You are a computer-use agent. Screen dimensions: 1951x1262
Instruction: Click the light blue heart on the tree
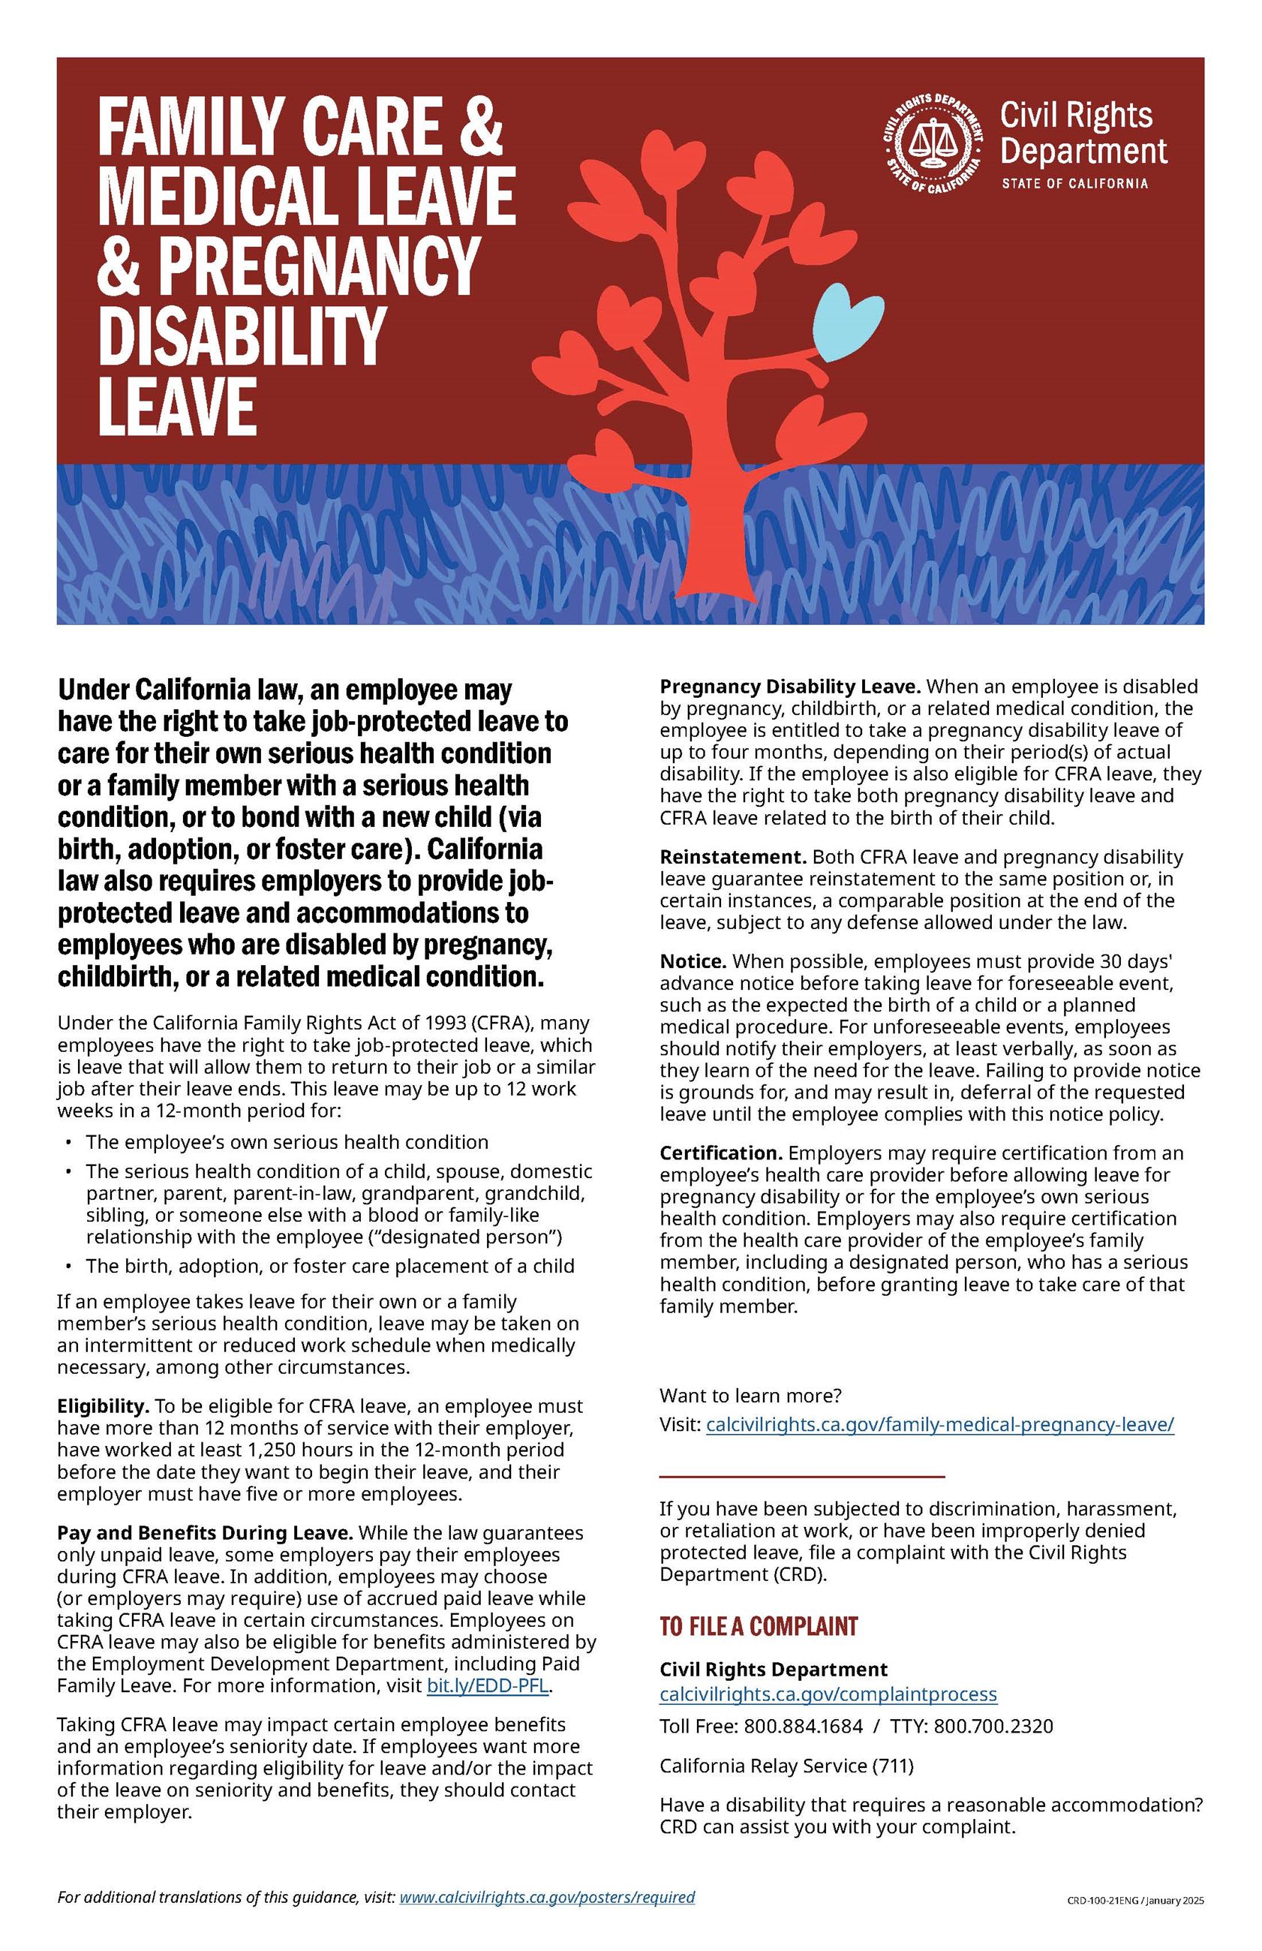(x=847, y=322)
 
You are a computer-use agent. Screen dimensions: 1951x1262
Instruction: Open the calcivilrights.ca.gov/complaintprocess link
(x=828, y=1694)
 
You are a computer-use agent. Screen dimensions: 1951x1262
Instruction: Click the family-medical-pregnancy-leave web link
(x=939, y=1424)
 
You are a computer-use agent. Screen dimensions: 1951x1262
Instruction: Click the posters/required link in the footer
(x=547, y=1897)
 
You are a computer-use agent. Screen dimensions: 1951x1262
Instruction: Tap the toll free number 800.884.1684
(x=802, y=1727)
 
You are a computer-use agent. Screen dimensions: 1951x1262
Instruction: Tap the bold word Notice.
(x=693, y=960)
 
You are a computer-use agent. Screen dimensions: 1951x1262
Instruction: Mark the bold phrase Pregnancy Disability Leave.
(x=790, y=686)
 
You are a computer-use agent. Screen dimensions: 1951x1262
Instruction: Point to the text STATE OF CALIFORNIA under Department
(x=1074, y=184)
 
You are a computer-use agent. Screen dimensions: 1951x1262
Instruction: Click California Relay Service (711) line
(x=786, y=1765)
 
